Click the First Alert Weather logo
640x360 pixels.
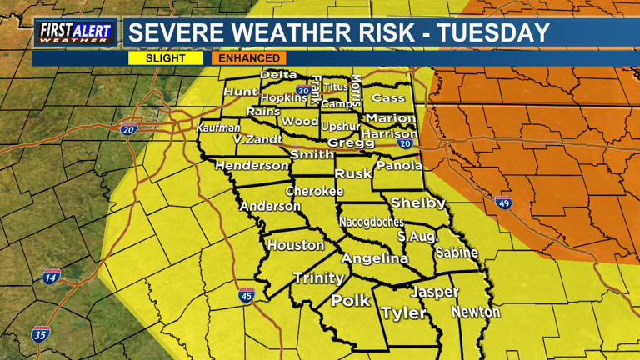tap(74, 32)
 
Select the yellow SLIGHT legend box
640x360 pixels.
tap(165, 58)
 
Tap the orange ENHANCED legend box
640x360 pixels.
tap(249, 58)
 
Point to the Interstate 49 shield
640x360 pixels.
tap(503, 202)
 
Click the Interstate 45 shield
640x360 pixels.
tap(246, 295)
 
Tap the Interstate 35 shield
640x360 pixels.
tap(41, 334)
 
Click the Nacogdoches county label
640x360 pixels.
tap(372, 222)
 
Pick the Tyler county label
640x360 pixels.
tap(403, 313)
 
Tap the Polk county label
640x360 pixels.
tap(350, 301)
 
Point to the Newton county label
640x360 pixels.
tap(476, 312)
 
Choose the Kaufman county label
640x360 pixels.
tap(218, 127)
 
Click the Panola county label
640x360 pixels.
tap(399, 165)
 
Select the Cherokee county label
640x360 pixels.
tap(314, 191)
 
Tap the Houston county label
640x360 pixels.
tap(296, 245)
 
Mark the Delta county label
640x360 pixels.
tap(278, 75)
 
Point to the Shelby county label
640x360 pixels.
tap(418, 202)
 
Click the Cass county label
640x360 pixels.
tap(387, 97)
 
